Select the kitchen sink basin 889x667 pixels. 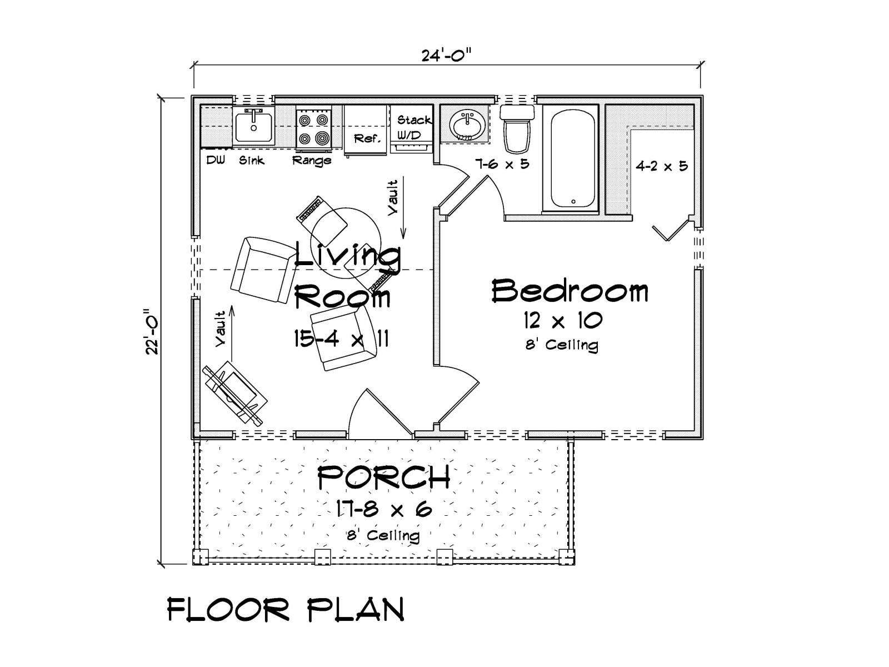point(253,126)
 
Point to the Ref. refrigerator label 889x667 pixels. point(367,138)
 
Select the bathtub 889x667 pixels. point(572,158)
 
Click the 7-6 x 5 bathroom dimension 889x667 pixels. point(502,164)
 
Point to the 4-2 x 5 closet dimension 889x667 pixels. point(661,166)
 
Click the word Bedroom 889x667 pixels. point(570,291)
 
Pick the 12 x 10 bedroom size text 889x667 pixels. point(562,321)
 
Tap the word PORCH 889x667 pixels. point(383,477)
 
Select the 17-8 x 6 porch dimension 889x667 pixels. point(384,509)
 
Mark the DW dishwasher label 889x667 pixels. point(216,160)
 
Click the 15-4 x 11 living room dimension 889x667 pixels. point(341,339)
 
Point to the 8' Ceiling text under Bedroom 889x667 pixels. point(562,345)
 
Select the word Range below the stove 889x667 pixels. point(312,161)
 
